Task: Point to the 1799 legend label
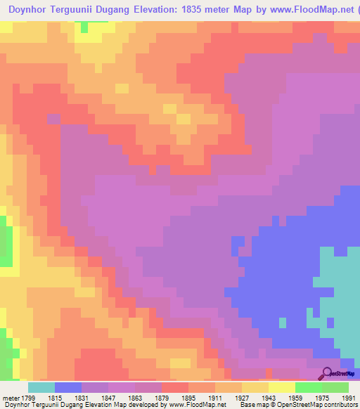(x=29, y=398)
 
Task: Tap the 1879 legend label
(x=161, y=398)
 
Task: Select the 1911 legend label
(x=214, y=398)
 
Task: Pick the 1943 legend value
(x=268, y=398)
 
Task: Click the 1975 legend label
(x=322, y=398)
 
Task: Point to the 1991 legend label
(x=347, y=398)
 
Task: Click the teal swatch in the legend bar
(x=41, y=387)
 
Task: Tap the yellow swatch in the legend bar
(x=282, y=387)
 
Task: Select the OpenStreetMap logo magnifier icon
(x=326, y=372)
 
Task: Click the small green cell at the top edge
(x=84, y=27)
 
